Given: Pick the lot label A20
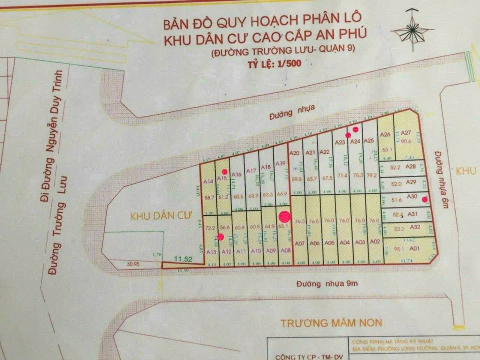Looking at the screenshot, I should (x=294, y=153).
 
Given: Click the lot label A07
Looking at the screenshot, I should (x=300, y=243).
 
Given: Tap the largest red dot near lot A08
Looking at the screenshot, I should (x=284, y=216).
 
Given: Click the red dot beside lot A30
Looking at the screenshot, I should (x=424, y=199).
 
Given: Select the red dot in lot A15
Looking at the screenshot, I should (x=216, y=171).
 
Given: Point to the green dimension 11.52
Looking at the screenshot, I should (x=183, y=258).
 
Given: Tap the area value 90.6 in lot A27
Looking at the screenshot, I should (x=405, y=141).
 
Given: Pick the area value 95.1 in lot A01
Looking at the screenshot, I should (x=399, y=248).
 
